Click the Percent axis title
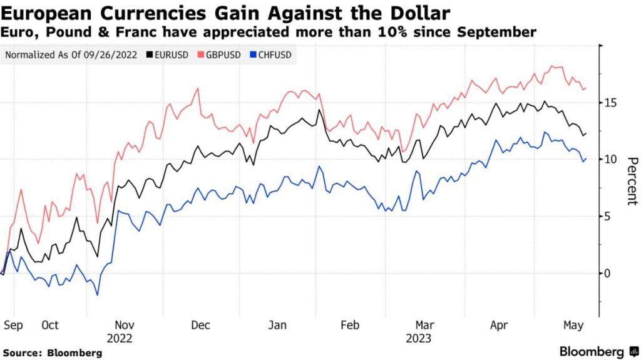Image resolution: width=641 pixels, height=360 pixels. pos(632,181)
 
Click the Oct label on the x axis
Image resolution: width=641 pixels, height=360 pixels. pos(49,325)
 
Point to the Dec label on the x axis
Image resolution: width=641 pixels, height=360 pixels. pos(200,325)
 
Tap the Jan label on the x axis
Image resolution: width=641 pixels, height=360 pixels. pos(277,325)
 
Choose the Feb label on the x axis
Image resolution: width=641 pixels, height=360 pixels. pos(349,325)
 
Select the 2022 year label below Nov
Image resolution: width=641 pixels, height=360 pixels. pos(125,338)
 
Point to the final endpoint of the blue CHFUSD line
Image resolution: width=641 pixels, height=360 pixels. pos(586,158)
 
